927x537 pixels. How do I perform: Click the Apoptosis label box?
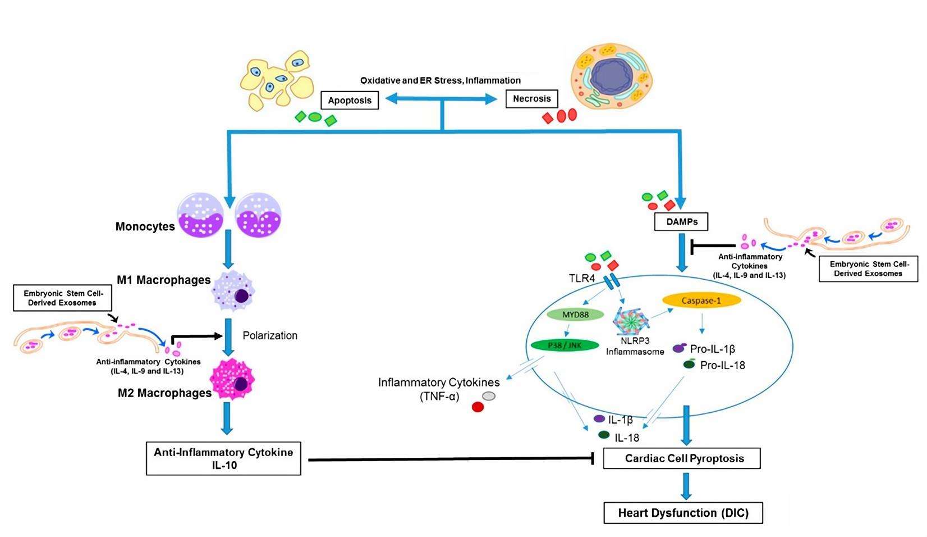click(x=350, y=101)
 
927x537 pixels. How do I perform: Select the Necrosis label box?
click(x=531, y=99)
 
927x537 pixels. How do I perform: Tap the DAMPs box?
click(x=681, y=222)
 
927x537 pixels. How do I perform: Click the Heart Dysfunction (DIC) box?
click(x=683, y=513)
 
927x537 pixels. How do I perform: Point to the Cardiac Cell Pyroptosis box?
click(x=681, y=458)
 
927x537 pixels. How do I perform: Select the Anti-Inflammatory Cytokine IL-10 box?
click(x=223, y=459)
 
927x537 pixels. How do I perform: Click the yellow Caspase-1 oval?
click(x=701, y=301)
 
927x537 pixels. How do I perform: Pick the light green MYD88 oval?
click(x=575, y=315)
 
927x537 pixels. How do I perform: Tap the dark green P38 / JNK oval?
click(x=565, y=345)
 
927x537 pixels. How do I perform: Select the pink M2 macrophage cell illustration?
click(x=233, y=380)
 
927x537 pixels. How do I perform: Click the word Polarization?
click(x=270, y=335)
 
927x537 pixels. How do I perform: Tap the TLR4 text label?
click(x=581, y=277)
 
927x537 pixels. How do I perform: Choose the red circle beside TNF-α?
click(x=478, y=407)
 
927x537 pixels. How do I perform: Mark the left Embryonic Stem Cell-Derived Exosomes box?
click(x=61, y=298)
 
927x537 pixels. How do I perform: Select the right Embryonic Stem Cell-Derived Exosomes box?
click(x=868, y=268)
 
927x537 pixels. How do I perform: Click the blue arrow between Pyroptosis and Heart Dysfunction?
click(x=685, y=485)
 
